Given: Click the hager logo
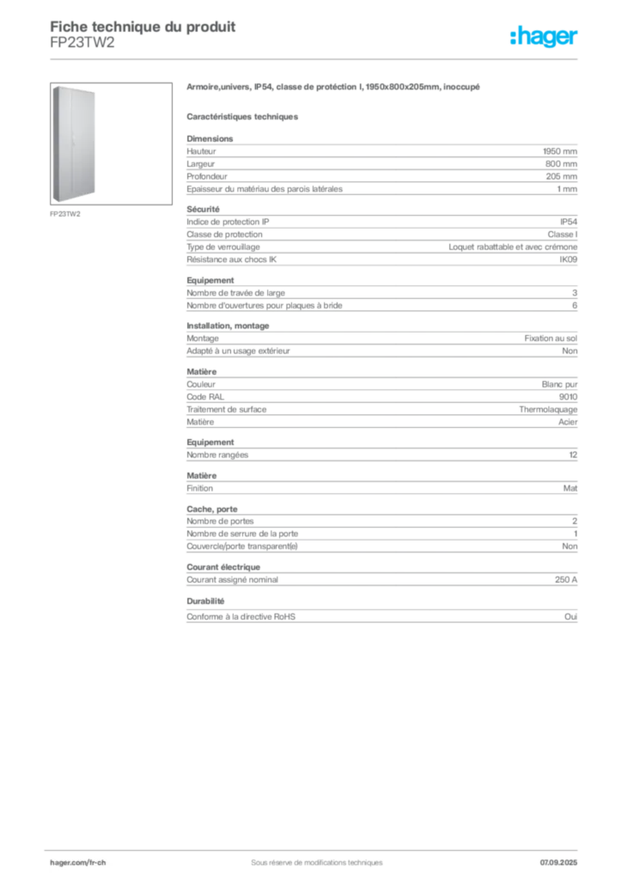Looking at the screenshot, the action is pos(543,37).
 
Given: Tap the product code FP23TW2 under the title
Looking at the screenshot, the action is pos(82,43).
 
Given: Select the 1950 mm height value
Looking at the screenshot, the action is pos(560,151).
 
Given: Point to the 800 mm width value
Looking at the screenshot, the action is pos(561,164).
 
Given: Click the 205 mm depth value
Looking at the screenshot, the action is pos(561,176).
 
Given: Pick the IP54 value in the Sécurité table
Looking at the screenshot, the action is pos(568,222).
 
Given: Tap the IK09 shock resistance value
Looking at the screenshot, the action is pos(568,260).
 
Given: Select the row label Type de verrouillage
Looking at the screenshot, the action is pos(223,247).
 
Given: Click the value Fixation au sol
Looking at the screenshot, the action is pos(551,339).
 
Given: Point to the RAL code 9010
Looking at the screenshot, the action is pos(568,397).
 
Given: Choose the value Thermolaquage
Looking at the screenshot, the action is pos(548,410).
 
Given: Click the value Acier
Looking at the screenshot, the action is pos(568,422).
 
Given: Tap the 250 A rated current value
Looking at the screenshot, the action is pos(566,580).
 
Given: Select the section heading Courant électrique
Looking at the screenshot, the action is pos(223,567).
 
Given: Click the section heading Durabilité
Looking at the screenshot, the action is pos(205,601).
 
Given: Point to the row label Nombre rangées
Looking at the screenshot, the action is pos(217,455).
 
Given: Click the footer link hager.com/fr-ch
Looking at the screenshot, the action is pos(78,863).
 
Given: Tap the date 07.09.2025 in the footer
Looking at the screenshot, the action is pos(558,863).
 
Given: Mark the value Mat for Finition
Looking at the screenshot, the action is pos(570,488).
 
